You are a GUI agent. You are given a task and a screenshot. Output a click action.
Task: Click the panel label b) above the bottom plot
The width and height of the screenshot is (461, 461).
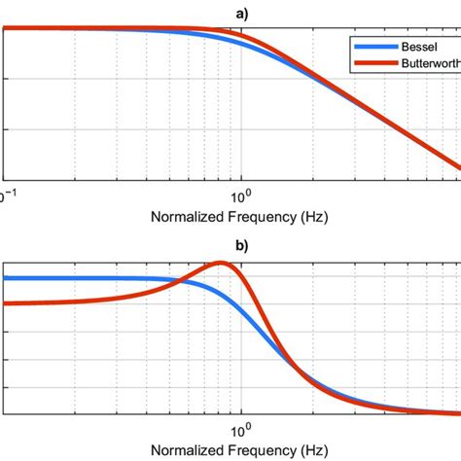point(240,246)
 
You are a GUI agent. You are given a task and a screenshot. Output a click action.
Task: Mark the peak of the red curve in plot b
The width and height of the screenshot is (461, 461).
point(223,263)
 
